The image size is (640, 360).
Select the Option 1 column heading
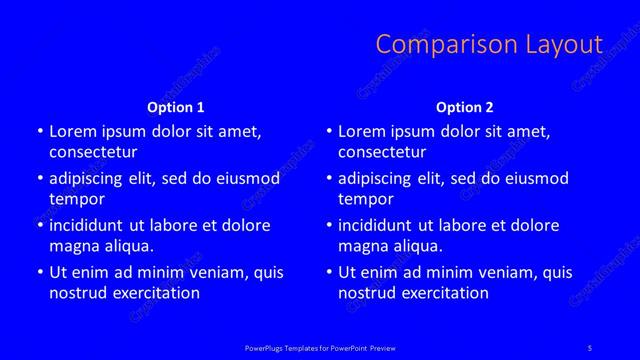(176, 107)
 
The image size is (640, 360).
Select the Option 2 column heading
(465, 107)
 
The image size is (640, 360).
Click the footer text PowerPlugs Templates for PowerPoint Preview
(320, 348)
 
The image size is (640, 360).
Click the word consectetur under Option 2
(382, 153)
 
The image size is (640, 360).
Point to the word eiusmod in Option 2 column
(534, 179)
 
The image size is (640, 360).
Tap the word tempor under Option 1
(77, 199)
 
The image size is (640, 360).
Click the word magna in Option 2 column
(362, 246)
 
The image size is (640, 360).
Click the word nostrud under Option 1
(76, 293)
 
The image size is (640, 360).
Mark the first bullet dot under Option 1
(40, 132)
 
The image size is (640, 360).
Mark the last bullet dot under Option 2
(329, 272)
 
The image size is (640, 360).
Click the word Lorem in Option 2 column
(362, 132)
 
